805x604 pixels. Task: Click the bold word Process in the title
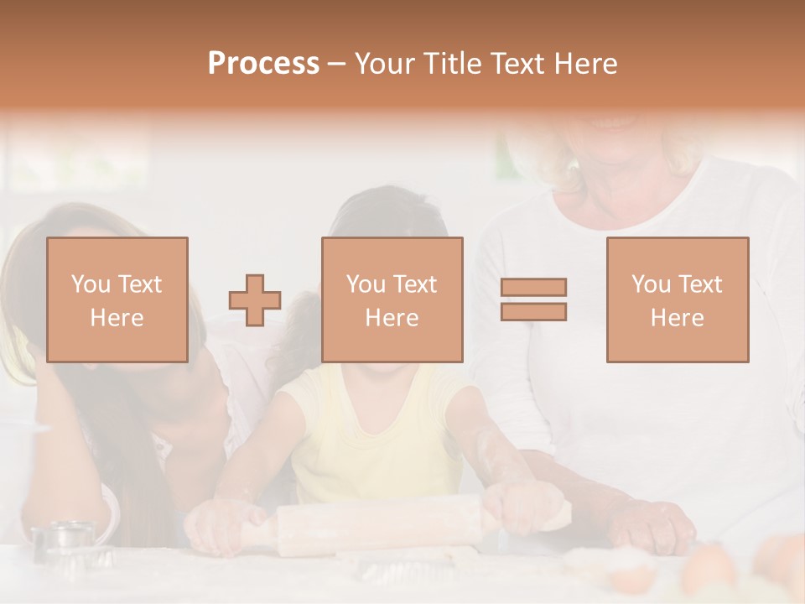tap(263, 64)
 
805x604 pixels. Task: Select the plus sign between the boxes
tap(255, 300)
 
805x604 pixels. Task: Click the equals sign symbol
tap(533, 299)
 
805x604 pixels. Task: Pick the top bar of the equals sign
tap(533, 288)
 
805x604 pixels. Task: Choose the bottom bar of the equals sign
tap(533, 311)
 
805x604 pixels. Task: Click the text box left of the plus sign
tap(117, 299)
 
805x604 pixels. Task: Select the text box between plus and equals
tap(392, 299)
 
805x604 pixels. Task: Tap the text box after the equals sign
tap(677, 299)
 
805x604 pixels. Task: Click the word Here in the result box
tap(677, 317)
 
